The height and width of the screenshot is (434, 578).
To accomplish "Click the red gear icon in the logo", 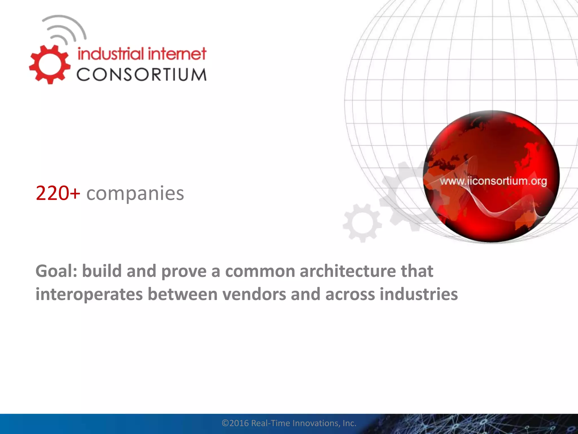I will (50, 64).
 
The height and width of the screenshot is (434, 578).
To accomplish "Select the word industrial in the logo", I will (111, 54).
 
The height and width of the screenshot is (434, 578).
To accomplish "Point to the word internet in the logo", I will (177, 54).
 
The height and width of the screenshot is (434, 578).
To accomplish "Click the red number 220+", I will (58, 193).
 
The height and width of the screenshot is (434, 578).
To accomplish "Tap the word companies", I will (135, 194).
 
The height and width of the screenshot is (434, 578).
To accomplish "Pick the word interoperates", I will (89, 294).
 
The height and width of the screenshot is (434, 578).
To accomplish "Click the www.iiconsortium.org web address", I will (493, 181).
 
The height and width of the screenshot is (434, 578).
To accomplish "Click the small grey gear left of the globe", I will (362, 223).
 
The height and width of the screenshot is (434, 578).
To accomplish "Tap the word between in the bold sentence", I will (183, 294).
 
